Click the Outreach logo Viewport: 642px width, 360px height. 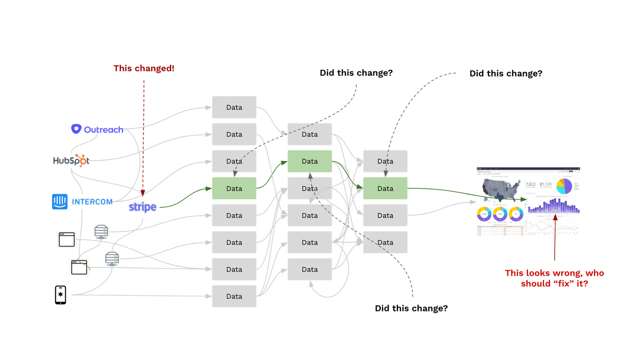(97, 129)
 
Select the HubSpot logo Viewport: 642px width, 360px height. (71, 161)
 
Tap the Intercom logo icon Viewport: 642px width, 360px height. (60, 202)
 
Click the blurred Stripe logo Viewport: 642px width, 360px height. (142, 207)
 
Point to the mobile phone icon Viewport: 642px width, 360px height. (60, 295)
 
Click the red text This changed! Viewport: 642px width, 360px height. (144, 68)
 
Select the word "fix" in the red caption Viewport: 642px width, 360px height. (555, 284)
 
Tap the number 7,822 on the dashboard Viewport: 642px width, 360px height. (531, 184)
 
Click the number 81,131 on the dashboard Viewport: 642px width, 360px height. (545, 184)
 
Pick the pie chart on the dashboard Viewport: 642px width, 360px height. (564, 186)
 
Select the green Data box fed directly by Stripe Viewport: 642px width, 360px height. (234, 188)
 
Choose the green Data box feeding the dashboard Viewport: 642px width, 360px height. (385, 188)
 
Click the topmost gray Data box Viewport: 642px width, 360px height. (234, 107)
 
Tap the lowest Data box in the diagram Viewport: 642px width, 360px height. (234, 296)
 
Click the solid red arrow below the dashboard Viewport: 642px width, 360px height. (555, 238)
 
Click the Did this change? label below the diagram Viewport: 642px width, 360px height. (411, 308)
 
